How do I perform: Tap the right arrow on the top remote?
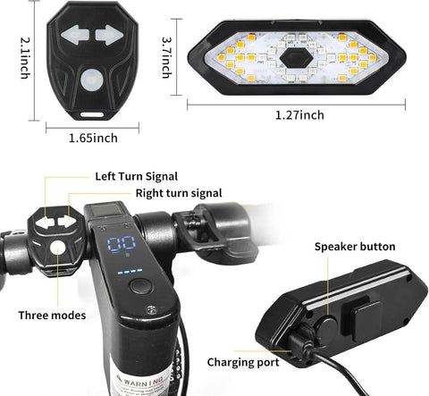(108, 35)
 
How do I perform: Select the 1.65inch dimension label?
(93, 138)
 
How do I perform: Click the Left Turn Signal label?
(136, 175)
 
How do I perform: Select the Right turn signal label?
(179, 192)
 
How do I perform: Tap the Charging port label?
(243, 362)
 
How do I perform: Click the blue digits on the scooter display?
(122, 248)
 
